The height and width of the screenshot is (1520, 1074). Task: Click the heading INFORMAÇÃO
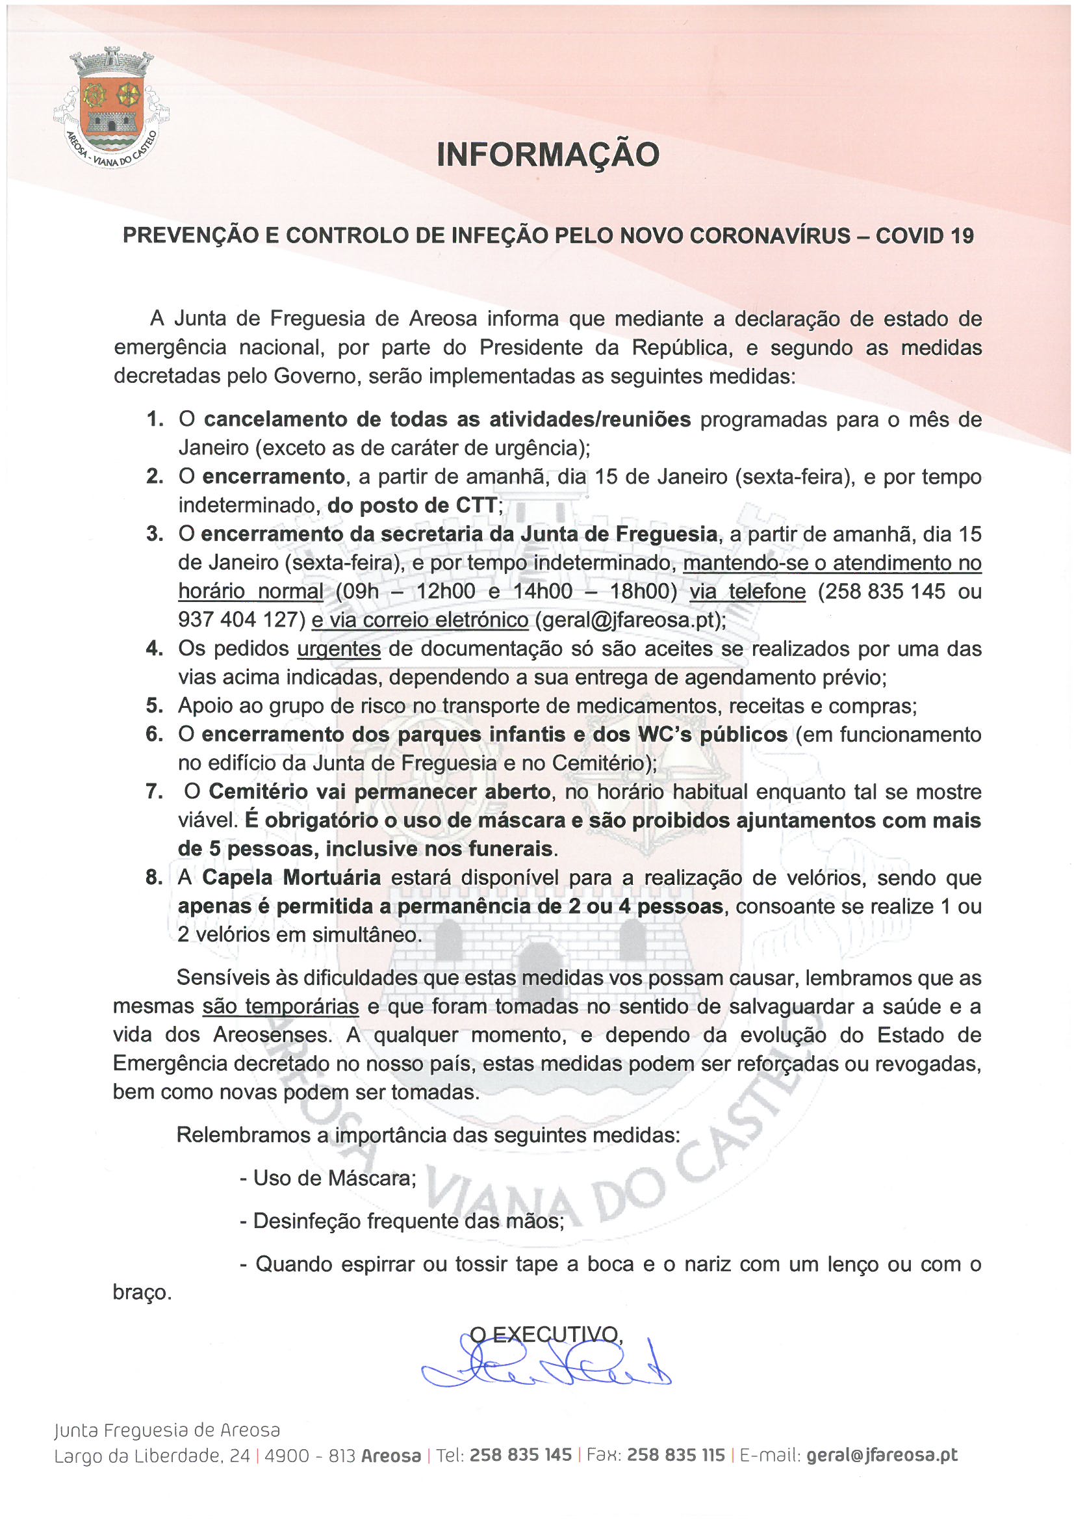(548, 154)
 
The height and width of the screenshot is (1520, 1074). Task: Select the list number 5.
(154, 706)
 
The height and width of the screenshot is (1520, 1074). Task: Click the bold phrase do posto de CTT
(411, 505)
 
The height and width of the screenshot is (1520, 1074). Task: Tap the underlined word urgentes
(338, 649)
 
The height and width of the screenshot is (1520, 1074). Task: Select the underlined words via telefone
(747, 591)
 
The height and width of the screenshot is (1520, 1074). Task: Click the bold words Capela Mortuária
(291, 878)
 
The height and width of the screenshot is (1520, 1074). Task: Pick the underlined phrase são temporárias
(281, 1007)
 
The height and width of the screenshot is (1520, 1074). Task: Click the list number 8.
(154, 878)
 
